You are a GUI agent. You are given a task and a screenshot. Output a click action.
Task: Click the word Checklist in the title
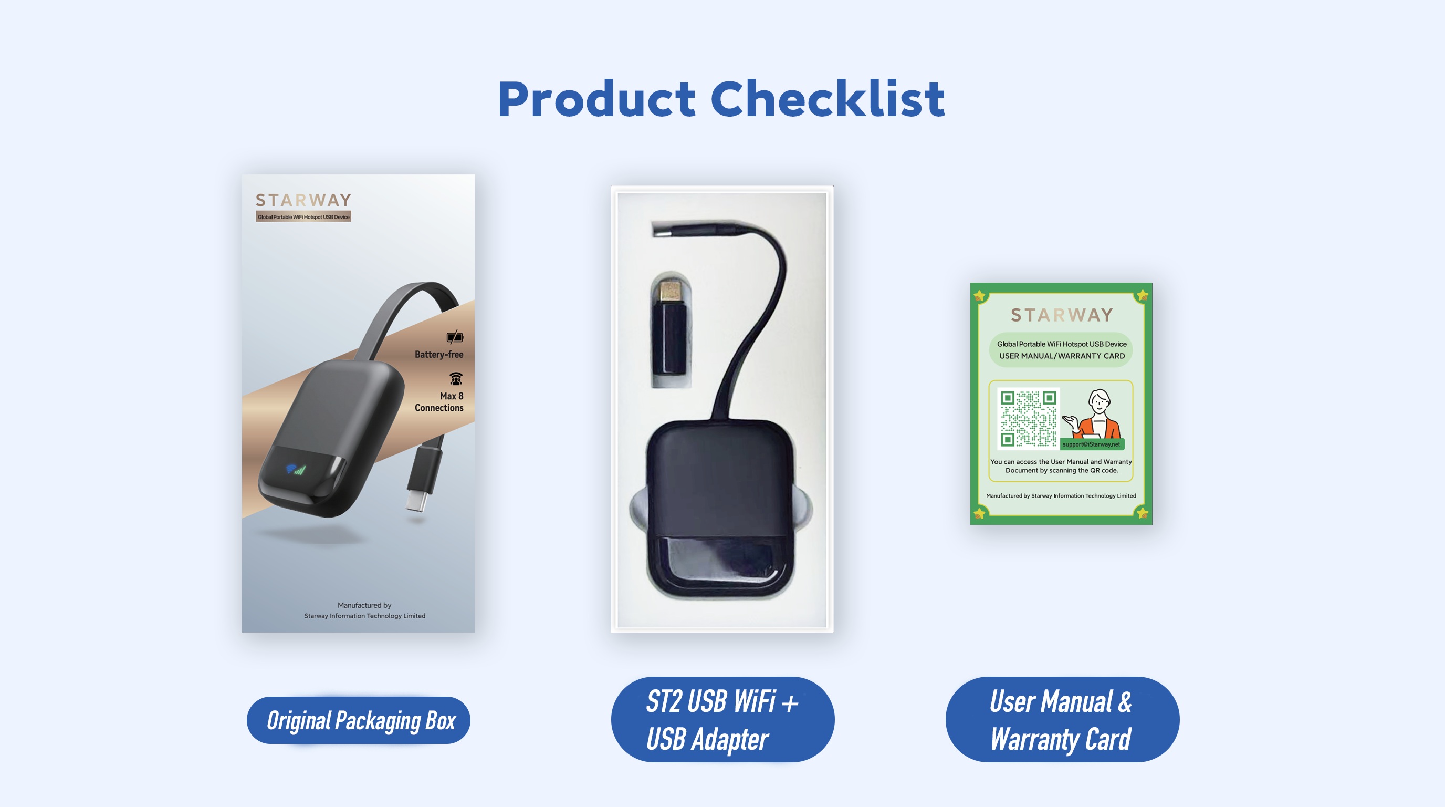[828, 99]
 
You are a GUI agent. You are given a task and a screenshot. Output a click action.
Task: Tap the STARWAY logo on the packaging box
[303, 200]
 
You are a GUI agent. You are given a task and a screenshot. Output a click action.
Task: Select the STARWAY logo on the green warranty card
[1061, 315]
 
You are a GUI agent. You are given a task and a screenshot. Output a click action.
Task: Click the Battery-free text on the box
[438, 355]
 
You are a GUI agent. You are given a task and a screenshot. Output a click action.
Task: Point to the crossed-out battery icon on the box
[455, 337]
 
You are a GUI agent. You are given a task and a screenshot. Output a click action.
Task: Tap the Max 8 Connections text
[438, 402]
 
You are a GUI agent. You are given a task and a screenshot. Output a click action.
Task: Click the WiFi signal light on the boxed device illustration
[296, 469]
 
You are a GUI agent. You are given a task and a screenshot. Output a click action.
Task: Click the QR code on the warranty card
[1029, 419]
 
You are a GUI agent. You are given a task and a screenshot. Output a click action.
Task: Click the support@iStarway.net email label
[1091, 444]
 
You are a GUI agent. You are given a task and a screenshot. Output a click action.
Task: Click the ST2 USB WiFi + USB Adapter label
[722, 719]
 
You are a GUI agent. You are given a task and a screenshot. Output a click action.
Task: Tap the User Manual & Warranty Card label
[1062, 719]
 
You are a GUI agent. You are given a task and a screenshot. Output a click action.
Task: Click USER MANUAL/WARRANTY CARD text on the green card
[1061, 356]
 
